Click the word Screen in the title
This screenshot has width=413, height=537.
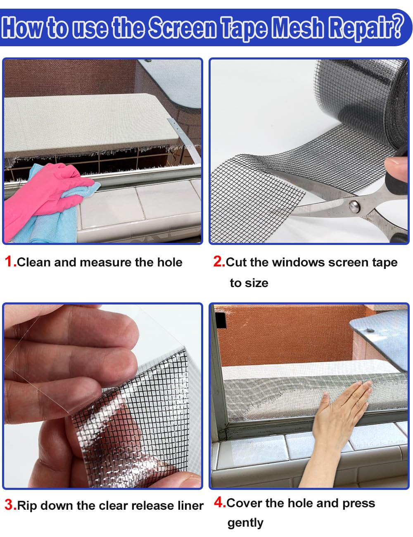(x=182, y=28)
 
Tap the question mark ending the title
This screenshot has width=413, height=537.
(x=397, y=26)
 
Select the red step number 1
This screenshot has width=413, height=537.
(x=9, y=261)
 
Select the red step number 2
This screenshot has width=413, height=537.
(x=218, y=261)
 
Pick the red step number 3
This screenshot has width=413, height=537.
(x=9, y=505)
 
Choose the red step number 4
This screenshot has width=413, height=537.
(x=219, y=502)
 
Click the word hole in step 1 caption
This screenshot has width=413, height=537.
(x=170, y=262)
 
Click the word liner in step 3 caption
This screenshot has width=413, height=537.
(x=188, y=505)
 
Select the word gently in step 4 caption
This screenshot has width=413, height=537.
(x=245, y=523)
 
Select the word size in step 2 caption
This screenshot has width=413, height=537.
(x=257, y=283)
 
